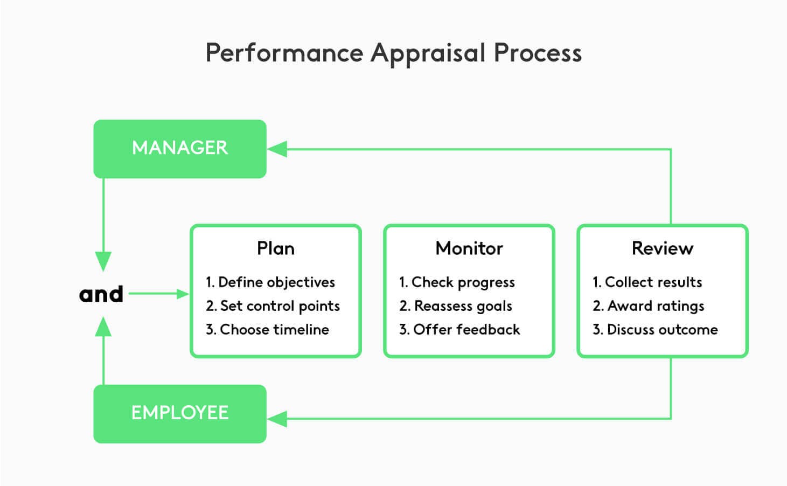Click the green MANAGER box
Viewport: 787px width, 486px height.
coord(180,149)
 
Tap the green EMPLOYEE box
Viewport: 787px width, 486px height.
coord(180,413)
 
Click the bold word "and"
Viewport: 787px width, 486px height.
coord(101,294)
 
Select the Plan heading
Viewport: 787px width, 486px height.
coord(275,248)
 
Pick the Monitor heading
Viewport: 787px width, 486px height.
coord(469,248)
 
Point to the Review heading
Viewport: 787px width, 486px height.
coord(662,248)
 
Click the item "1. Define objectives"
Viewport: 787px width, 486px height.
coord(270,282)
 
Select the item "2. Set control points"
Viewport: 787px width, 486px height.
coord(273,306)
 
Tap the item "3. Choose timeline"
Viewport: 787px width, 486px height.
coord(267,329)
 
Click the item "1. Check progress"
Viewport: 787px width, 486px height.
coord(457,282)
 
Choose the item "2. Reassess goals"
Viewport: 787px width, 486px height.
coord(456,306)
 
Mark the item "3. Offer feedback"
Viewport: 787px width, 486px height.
coord(459,329)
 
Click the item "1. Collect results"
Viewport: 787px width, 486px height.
coord(647,282)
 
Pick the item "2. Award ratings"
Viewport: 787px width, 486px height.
coord(649,306)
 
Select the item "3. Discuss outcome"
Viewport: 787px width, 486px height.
coord(655,329)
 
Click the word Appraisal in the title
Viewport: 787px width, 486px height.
coord(428,53)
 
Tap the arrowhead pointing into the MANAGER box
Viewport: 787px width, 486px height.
coord(277,149)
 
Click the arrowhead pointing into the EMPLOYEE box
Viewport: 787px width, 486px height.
coord(277,419)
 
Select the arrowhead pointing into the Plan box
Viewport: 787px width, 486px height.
coord(183,294)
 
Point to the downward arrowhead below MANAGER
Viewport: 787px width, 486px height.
coord(103,261)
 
